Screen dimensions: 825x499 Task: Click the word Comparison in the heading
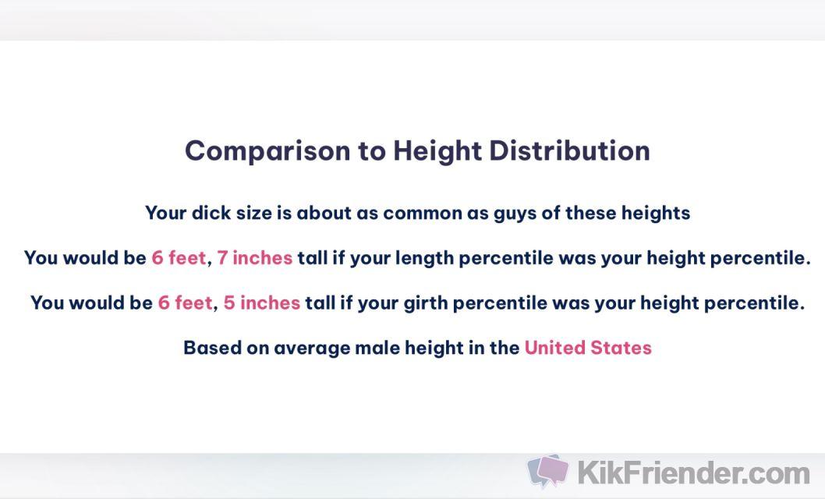(x=267, y=151)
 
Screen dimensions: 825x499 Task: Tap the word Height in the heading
(x=437, y=151)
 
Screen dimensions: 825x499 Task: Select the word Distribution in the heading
(x=570, y=150)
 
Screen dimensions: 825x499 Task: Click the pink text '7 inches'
(x=255, y=257)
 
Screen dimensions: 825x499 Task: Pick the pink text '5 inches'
(x=261, y=303)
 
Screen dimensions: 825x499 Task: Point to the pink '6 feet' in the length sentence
(x=179, y=257)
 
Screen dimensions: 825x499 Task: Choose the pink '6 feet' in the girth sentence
(x=186, y=303)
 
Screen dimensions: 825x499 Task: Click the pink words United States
(x=588, y=348)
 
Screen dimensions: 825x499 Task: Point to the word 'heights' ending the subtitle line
(x=656, y=214)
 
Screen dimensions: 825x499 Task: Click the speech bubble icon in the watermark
(x=547, y=471)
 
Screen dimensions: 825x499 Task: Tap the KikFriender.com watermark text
(x=693, y=472)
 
